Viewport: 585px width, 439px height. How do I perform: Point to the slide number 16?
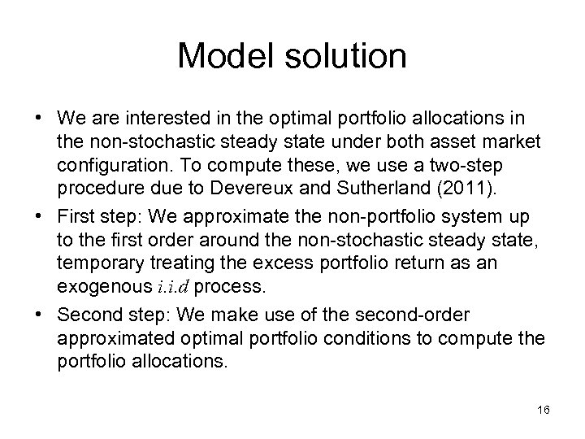pos(544,410)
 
